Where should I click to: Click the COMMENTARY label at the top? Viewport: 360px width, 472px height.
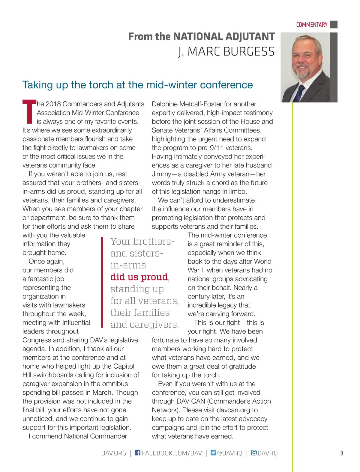pyautogui.click(x=311, y=25)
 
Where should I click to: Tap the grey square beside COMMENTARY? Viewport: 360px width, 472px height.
pyautogui.click(x=334, y=25)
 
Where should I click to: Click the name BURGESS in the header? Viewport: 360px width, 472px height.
pyautogui.click(x=249, y=52)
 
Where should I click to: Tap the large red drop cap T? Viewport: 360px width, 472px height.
pyautogui.click(x=29, y=112)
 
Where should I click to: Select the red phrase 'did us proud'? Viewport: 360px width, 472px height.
pyautogui.click(x=139, y=277)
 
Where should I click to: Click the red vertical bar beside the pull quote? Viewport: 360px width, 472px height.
pyautogui.click(x=102, y=282)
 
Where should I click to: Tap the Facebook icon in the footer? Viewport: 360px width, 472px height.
pyautogui.click(x=137, y=453)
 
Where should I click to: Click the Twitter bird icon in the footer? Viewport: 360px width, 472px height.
pyautogui.click(x=213, y=453)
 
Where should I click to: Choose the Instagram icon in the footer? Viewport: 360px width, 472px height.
pyautogui.click(x=254, y=453)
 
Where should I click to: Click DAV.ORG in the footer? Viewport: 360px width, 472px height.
pyautogui.click(x=114, y=453)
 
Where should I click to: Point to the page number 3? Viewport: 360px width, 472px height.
pyautogui.click(x=341, y=453)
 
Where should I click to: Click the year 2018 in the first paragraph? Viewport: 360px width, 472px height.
pyautogui.click(x=53, y=104)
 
